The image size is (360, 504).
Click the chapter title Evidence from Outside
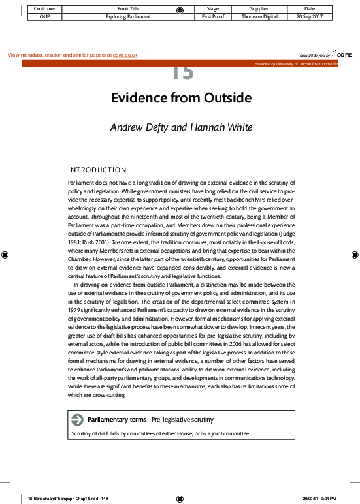coord(181,98)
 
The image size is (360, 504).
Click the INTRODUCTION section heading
coord(97,170)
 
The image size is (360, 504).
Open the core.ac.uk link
coord(125,55)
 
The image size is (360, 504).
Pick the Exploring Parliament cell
coord(124,16)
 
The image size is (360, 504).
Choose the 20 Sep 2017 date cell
coord(310,16)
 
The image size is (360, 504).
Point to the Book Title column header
coord(124,8)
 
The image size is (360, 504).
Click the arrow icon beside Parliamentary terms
coord(77,419)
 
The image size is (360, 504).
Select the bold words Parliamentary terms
coord(117,419)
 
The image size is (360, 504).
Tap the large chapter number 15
coord(183,73)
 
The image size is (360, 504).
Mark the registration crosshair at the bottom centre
coord(180,498)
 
